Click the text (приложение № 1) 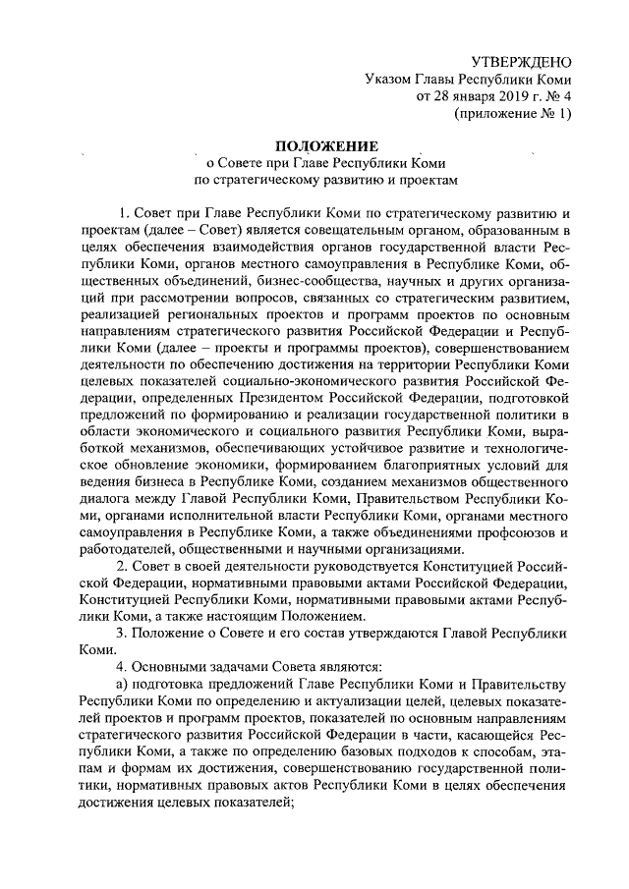click(x=510, y=114)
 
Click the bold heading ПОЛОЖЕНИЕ click(x=314, y=144)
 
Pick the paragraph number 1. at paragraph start click(x=123, y=211)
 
